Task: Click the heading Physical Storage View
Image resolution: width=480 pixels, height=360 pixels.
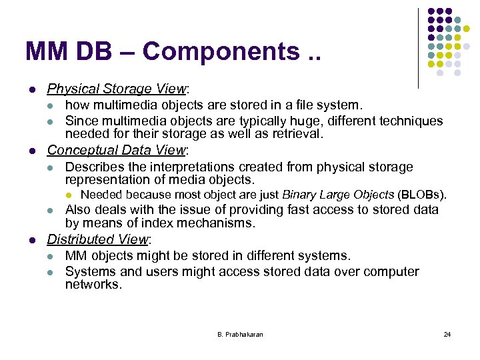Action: point(117,89)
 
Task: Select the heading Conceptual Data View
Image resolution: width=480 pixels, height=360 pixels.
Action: point(117,150)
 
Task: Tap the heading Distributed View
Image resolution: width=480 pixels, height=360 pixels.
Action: point(99,239)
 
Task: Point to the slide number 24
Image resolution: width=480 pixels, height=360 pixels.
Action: point(447,334)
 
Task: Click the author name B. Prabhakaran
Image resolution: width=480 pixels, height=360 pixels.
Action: point(240,334)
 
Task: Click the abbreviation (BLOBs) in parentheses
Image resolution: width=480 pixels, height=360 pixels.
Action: point(421,195)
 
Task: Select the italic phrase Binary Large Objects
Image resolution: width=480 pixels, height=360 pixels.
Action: point(338,195)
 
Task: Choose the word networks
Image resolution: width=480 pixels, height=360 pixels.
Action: point(93,285)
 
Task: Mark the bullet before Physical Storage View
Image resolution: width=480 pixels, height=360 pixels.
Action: point(32,89)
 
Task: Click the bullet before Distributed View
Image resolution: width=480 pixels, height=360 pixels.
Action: point(32,239)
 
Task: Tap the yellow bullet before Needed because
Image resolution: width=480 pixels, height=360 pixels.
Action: point(68,195)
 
